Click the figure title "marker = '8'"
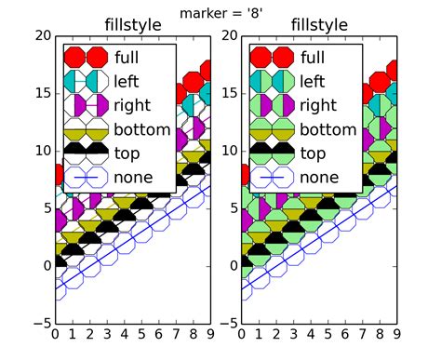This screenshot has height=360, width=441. [220, 11]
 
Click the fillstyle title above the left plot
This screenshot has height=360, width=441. [133, 25]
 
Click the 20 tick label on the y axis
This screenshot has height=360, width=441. [40, 35]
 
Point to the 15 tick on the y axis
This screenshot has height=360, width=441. [40, 93]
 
